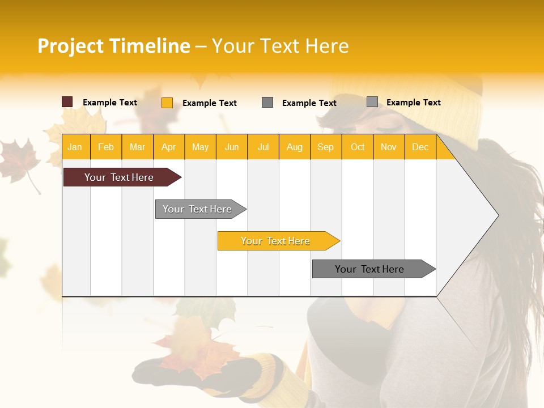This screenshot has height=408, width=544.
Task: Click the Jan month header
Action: [x=75, y=147]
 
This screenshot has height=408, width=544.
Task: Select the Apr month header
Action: [x=168, y=147]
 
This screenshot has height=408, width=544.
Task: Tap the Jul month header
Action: [x=263, y=147]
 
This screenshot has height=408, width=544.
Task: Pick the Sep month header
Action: [x=325, y=147]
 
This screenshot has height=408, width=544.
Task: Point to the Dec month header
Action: [x=420, y=147]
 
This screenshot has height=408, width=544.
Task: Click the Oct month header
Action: [x=358, y=147]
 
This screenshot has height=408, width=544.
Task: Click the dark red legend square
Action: [x=67, y=102]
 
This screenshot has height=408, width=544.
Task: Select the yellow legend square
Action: [x=167, y=103]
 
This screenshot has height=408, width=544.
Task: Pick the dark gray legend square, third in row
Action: [x=267, y=103]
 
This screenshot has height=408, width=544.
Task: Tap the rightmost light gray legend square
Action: [x=372, y=102]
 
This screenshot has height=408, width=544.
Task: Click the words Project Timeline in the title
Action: [x=113, y=46]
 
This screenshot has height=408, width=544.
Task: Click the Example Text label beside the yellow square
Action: [x=209, y=103]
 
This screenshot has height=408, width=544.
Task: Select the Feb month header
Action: [x=106, y=147]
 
